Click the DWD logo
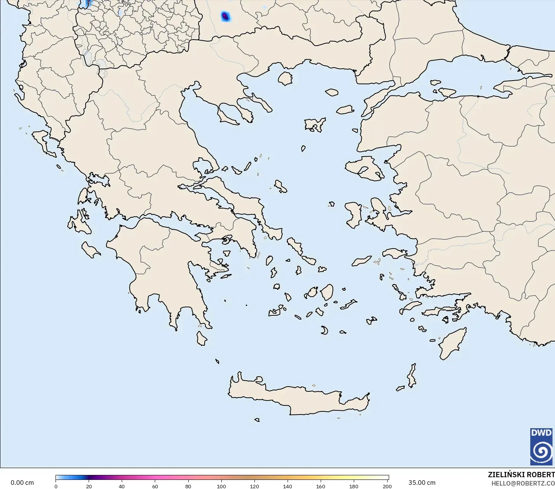tap(541, 446)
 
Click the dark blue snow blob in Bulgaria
tap(225, 16)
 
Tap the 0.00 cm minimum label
tap(22, 483)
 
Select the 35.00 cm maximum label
tap(422, 483)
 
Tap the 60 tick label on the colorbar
tap(155, 486)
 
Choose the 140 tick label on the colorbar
tap(288, 486)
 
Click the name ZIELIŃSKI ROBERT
tap(521, 475)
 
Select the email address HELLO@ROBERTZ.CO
tap(523, 483)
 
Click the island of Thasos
tap(285, 78)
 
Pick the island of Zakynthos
tap(90, 250)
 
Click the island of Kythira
tap(201, 338)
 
